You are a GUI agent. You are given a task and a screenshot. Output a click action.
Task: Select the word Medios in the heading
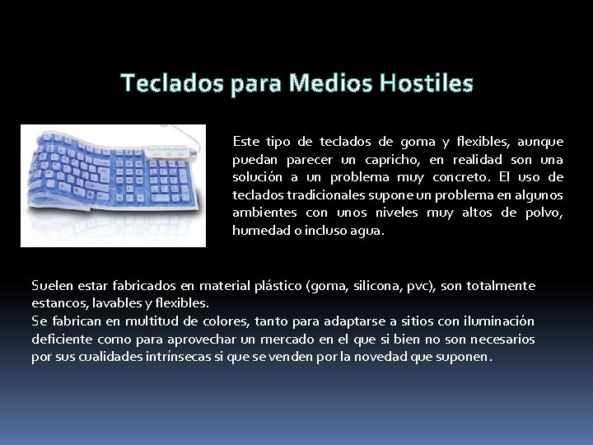pos(320,83)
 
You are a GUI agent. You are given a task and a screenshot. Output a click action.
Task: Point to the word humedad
pos(261,232)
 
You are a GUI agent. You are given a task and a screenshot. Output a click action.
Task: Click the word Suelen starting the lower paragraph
pos(51,286)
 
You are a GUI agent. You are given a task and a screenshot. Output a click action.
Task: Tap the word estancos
pos(58,303)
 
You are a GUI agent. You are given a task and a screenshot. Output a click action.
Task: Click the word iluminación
pos(494,321)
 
